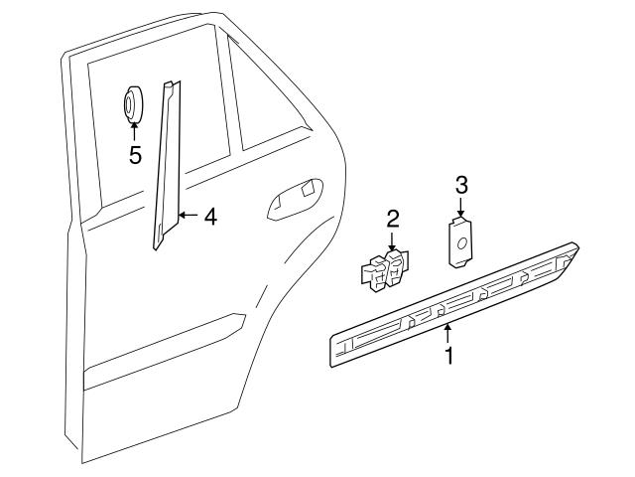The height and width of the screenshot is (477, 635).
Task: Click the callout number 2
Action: click(393, 218)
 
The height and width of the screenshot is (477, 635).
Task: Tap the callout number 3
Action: click(460, 185)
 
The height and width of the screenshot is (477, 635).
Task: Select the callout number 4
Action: click(209, 216)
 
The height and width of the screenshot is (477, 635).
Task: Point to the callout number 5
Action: click(135, 155)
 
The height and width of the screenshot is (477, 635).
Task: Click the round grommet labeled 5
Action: click(133, 103)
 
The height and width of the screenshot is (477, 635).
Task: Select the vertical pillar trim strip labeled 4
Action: click(167, 164)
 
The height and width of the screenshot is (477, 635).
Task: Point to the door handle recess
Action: click(295, 197)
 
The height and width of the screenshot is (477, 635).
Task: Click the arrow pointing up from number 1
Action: click(448, 332)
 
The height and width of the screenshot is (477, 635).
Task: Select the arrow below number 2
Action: click(393, 241)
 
